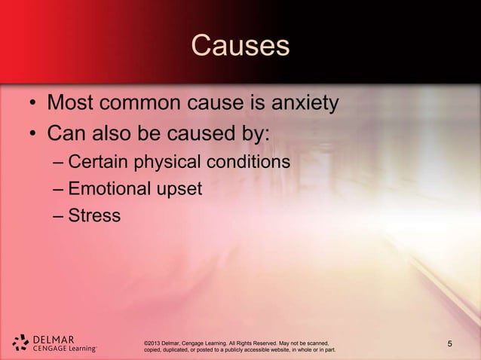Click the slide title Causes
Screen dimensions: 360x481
240,46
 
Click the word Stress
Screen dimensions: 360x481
93,215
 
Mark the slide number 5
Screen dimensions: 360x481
450,344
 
